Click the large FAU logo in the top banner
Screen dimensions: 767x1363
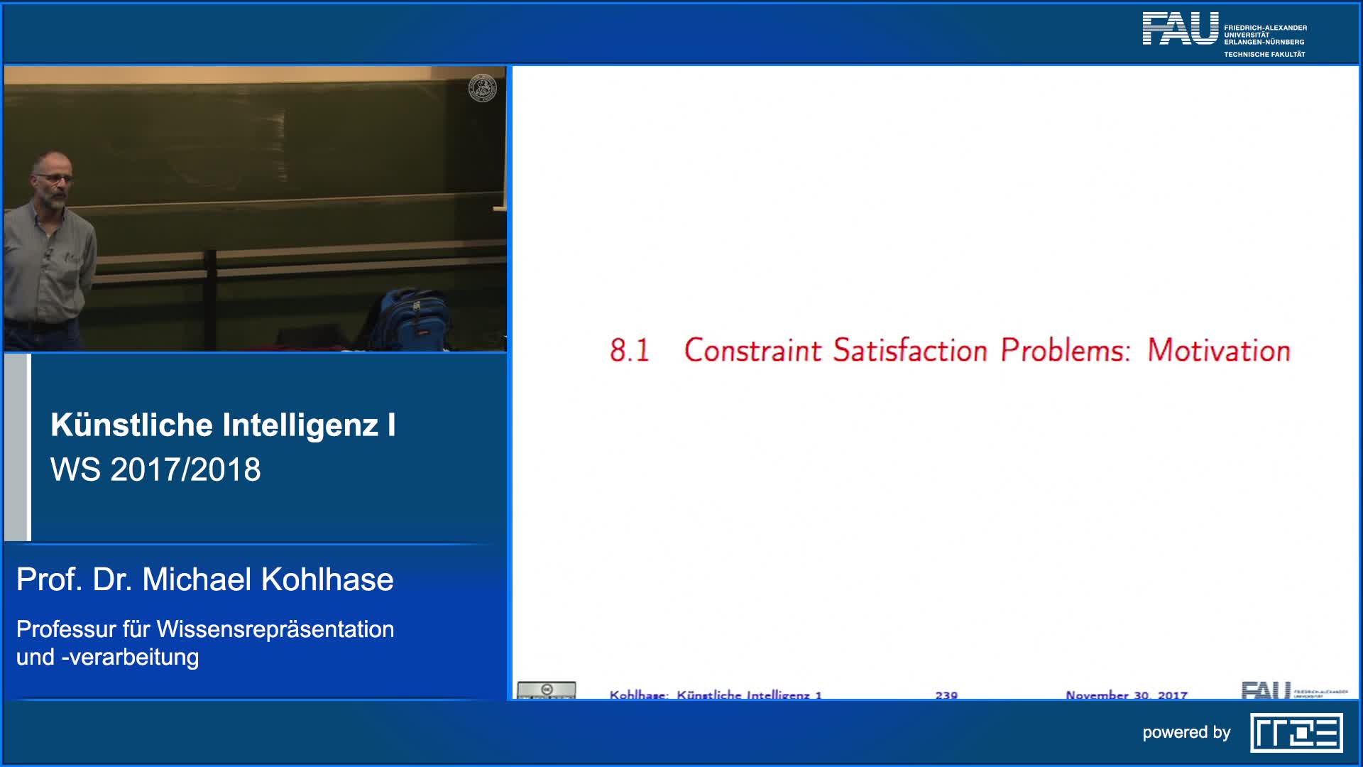(x=1180, y=28)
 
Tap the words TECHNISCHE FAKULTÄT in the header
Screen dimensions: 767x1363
(x=1264, y=55)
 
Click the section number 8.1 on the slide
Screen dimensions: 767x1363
(x=630, y=351)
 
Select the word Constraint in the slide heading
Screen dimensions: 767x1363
(x=752, y=351)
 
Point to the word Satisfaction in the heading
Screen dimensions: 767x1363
(x=910, y=351)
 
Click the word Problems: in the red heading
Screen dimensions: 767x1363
(x=1065, y=351)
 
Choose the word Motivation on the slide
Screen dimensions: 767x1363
(x=1219, y=351)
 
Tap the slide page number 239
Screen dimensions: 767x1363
(x=946, y=695)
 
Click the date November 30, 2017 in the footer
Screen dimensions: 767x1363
(x=1126, y=695)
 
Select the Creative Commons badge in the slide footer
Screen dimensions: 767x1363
(x=547, y=690)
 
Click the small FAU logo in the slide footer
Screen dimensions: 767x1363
(x=1266, y=690)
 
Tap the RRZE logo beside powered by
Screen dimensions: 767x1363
(x=1296, y=733)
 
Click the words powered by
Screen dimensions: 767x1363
(x=1186, y=733)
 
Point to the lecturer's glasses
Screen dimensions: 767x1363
(x=56, y=179)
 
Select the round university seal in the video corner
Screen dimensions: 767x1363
(x=483, y=88)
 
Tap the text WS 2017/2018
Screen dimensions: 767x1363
(x=155, y=469)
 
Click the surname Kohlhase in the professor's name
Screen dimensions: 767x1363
(x=327, y=580)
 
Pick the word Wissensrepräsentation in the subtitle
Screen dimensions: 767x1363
(x=275, y=629)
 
